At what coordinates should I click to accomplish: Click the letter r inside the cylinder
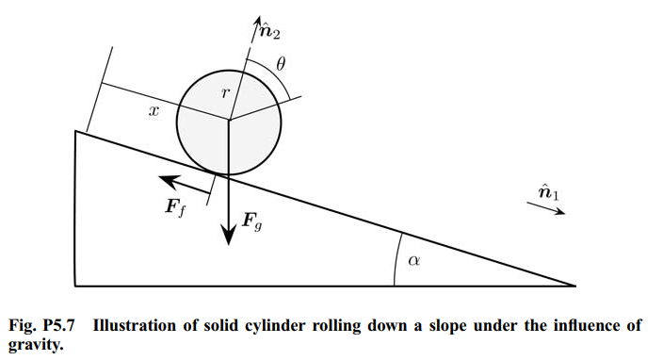point(224,92)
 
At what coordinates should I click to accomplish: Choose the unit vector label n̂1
point(548,194)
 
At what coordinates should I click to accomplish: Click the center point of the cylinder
point(229,119)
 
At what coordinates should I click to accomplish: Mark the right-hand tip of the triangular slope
point(574,285)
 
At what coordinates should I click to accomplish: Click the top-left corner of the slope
point(75,131)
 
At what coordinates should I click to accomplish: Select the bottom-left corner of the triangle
point(75,285)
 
